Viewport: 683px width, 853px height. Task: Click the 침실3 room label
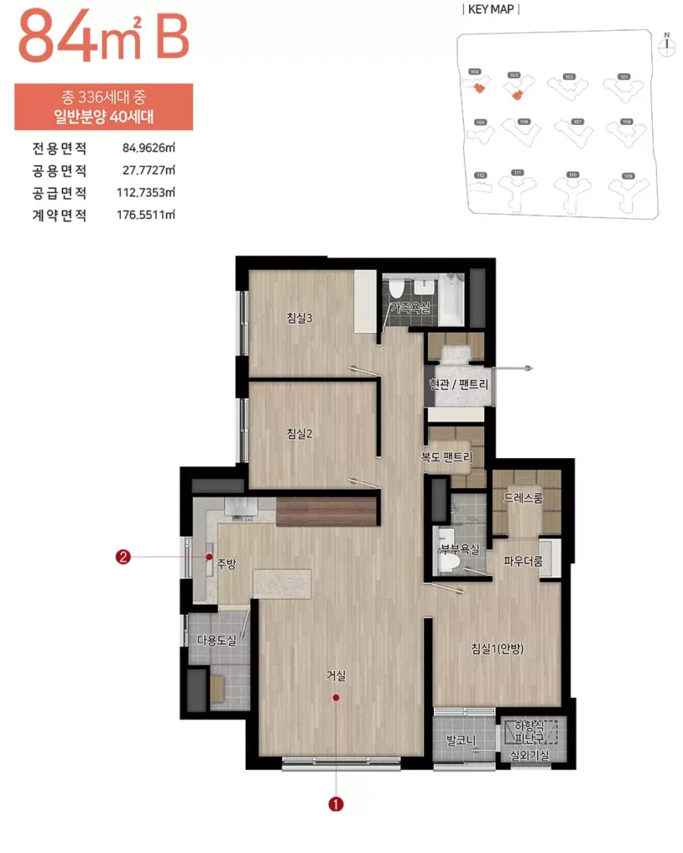pyautogui.click(x=299, y=317)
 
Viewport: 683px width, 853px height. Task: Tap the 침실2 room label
pyautogui.click(x=299, y=432)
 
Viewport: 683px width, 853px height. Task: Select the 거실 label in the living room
pyautogui.click(x=336, y=676)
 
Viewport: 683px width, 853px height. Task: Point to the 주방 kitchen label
pyautogui.click(x=227, y=564)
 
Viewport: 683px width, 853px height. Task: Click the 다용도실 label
pyautogui.click(x=217, y=640)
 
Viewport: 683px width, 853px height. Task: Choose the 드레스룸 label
pyautogui.click(x=523, y=498)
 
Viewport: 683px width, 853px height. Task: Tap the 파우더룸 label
pyautogui.click(x=523, y=561)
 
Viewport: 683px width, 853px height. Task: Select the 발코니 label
pyautogui.click(x=460, y=739)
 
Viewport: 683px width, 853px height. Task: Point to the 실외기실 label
pyautogui.click(x=530, y=756)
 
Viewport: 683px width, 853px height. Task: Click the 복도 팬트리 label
pyautogui.click(x=446, y=457)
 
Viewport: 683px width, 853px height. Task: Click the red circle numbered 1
pyautogui.click(x=336, y=804)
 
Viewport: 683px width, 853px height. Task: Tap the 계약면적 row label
pyautogui.click(x=59, y=214)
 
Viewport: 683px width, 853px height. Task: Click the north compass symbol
pyautogui.click(x=666, y=45)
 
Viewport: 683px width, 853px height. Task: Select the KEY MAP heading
pyautogui.click(x=491, y=10)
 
